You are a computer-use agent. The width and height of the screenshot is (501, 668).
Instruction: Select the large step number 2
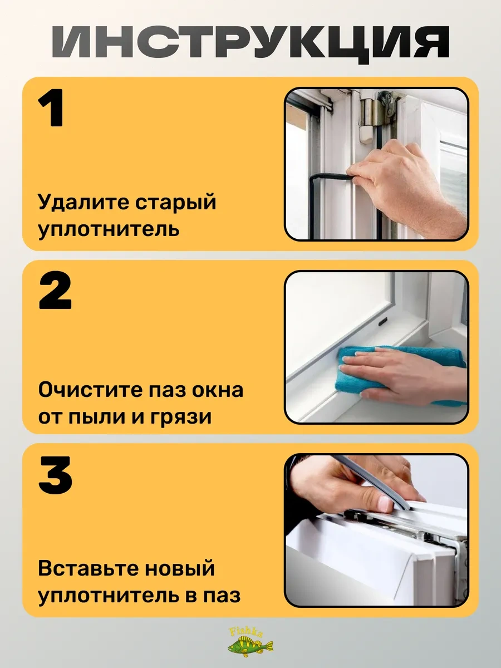[x=55, y=291]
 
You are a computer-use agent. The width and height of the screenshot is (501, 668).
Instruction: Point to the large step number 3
[x=55, y=474]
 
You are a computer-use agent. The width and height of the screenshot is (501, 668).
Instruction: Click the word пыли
[x=97, y=417]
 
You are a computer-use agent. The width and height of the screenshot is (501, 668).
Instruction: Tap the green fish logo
[x=250, y=646]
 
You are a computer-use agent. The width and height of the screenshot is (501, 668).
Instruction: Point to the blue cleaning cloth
[x=399, y=374]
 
